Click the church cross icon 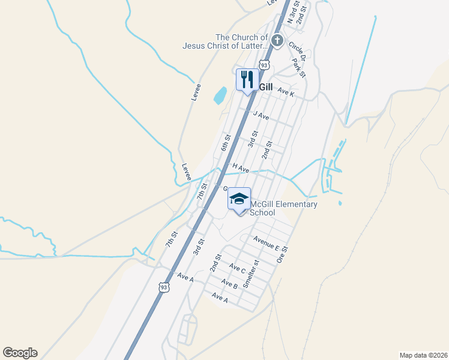pos(277,41)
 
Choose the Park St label pos(298,67)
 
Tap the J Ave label pos(261,115)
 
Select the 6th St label pos(226,143)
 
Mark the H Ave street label pos(241,169)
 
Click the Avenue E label pos(266,243)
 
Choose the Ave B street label pos(229,283)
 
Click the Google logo pos(20,353)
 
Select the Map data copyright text pos(424,355)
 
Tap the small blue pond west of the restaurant pos(220,95)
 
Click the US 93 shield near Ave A pos(164,288)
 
